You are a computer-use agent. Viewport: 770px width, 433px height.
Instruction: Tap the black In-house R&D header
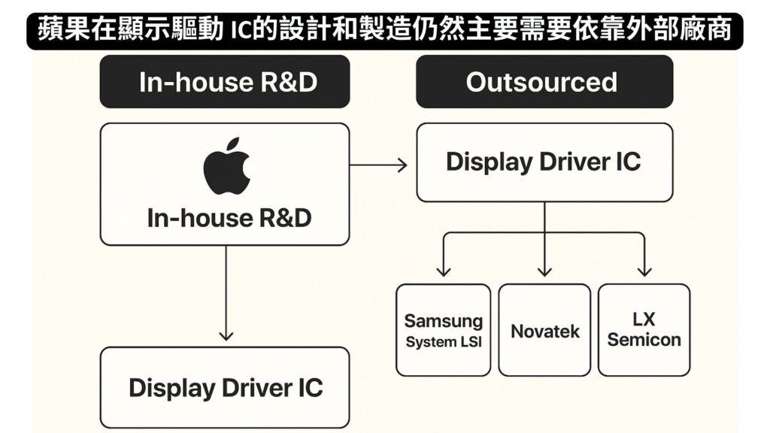pyautogui.click(x=225, y=81)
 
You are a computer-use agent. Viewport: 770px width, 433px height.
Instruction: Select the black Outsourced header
pyautogui.click(x=544, y=81)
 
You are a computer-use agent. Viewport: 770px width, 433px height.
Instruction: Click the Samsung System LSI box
pyautogui.click(x=444, y=330)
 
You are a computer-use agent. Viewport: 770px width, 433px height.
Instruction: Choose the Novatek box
pyautogui.click(x=544, y=330)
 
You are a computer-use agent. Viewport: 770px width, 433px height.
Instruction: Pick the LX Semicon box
pyautogui.click(x=644, y=330)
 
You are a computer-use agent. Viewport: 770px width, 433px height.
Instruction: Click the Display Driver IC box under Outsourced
pyautogui.click(x=544, y=162)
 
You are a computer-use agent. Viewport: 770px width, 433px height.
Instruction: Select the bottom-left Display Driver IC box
pyautogui.click(x=225, y=387)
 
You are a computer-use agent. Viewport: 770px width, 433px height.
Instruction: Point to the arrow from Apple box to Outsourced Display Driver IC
pyautogui.click(x=378, y=165)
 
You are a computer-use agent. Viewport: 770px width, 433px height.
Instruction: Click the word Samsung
pyautogui.click(x=444, y=321)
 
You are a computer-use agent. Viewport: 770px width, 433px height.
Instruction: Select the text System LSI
pyautogui.click(x=444, y=342)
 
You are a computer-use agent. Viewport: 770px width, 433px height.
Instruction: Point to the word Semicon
pyautogui.click(x=644, y=340)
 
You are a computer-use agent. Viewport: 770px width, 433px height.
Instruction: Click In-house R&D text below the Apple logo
pyautogui.click(x=229, y=218)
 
